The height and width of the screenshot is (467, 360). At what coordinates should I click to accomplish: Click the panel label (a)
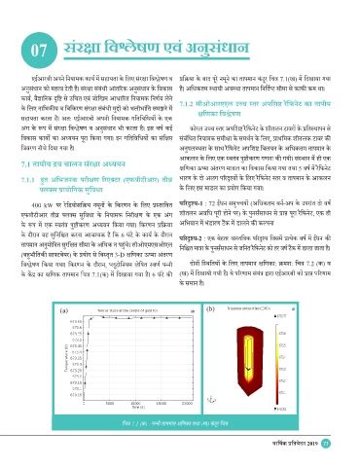point(21,307)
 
